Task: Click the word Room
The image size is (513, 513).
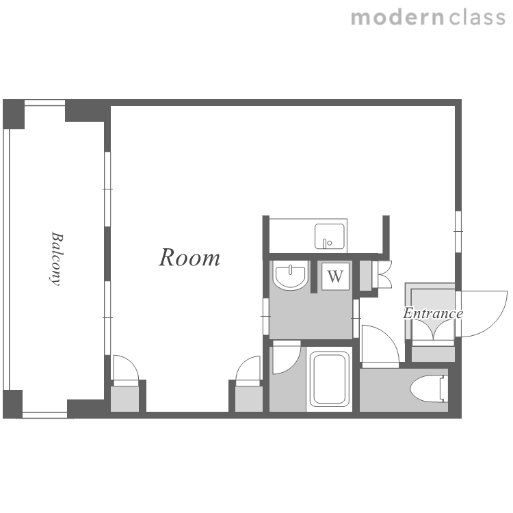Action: click(x=189, y=257)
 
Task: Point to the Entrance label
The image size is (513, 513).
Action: click(x=433, y=313)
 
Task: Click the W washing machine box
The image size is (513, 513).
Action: click(x=335, y=276)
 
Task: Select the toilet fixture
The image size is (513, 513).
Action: click(x=429, y=389)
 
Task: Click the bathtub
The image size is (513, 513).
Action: click(x=330, y=379)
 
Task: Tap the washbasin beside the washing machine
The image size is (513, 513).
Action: click(x=290, y=276)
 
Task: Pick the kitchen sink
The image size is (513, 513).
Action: click(x=330, y=236)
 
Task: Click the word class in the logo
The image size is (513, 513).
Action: click(x=477, y=18)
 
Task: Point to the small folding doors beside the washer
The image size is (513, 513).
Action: click(x=382, y=274)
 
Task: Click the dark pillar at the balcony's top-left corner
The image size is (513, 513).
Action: click(x=14, y=114)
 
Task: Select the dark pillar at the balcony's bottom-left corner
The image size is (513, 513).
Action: click(x=13, y=404)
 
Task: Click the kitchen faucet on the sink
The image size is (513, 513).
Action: click(x=326, y=243)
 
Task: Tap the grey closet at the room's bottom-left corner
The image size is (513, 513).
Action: click(x=124, y=399)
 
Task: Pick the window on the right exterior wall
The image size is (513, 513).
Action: click(x=458, y=232)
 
